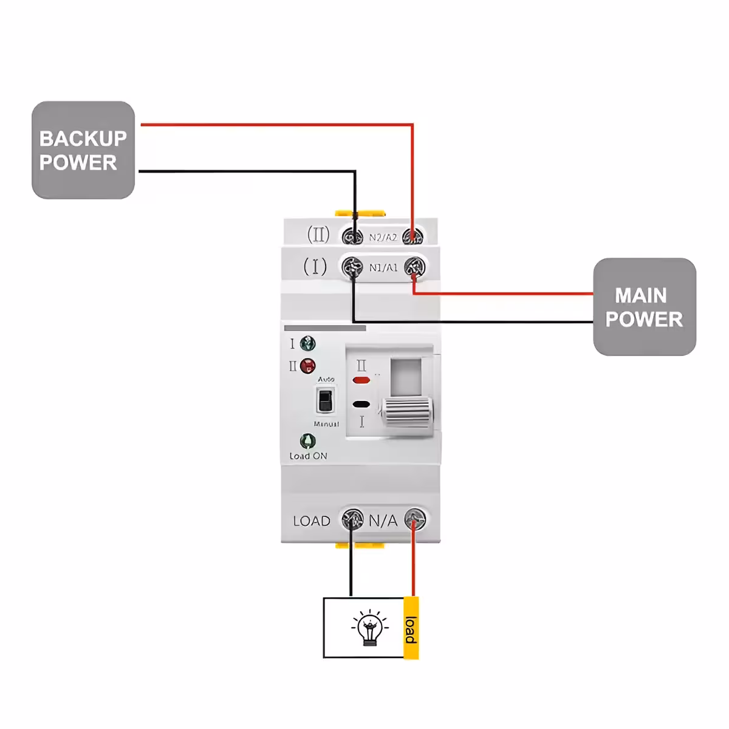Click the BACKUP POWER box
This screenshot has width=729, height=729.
click(x=83, y=150)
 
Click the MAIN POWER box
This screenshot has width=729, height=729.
click(x=644, y=307)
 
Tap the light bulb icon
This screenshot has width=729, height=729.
click(x=369, y=628)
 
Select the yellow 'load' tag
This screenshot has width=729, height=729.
click(x=411, y=628)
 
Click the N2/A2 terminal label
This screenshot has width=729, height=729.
click(x=383, y=238)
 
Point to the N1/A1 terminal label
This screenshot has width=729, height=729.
click(x=383, y=267)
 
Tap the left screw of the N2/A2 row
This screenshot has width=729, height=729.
click(x=353, y=236)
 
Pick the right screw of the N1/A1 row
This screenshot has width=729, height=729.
click(x=414, y=267)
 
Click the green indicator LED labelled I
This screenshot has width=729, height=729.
click(x=308, y=344)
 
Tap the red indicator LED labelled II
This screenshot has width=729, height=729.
click(x=308, y=366)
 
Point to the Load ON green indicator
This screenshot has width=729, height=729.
click(x=308, y=441)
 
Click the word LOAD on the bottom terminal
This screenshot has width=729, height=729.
click(x=312, y=521)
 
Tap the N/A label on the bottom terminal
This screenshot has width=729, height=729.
click(x=383, y=521)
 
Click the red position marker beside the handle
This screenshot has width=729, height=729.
click(x=361, y=380)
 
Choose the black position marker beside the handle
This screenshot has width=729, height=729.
click(x=361, y=404)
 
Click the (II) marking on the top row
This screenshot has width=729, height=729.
click(x=318, y=234)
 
